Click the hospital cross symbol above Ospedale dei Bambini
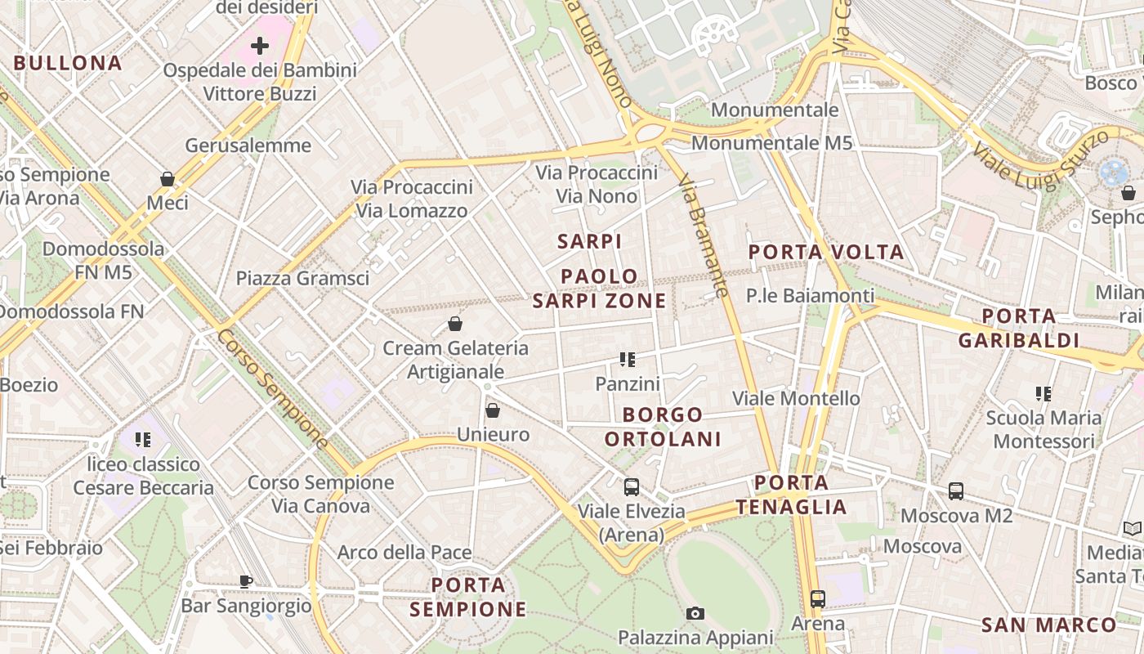[x=260, y=46]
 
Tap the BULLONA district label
[x=68, y=63]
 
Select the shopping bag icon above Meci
[x=168, y=178]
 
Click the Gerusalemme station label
[x=248, y=146]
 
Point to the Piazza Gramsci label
[x=302, y=278]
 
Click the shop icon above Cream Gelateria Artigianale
[x=455, y=324]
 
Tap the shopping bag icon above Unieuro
[x=493, y=410]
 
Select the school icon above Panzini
[x=628, y=359]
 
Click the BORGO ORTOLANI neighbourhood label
[x=663, y=427]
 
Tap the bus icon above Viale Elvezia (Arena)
[x=632, y=487]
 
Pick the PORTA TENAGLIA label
[x=791, y=495]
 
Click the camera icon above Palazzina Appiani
[x=695, y=613]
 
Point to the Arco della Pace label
[x=404, y=553]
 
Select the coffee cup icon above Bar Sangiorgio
[x=246, y=582]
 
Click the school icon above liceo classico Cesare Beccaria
[x=144, y=440]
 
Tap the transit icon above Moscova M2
[x=956, y=491]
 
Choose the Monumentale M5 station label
[x=771, y=143]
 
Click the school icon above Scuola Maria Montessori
[x=1043, y=394]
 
